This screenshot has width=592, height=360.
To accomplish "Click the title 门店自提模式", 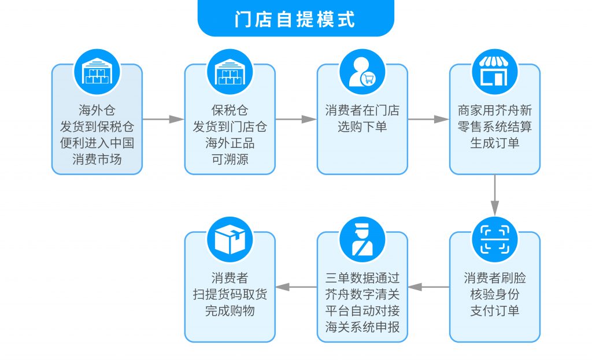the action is (295, 19).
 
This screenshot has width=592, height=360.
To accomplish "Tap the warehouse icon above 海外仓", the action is (97, 72).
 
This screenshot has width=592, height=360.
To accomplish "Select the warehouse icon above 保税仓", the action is (230, 72).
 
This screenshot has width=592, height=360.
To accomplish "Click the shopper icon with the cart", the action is (362, 72).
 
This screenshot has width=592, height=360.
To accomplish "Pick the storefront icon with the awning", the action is (495, 72).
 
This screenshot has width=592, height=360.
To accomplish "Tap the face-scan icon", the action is (495, 240).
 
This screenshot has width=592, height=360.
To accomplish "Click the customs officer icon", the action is (362, 240).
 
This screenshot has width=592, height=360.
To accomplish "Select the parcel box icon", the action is (230, 240).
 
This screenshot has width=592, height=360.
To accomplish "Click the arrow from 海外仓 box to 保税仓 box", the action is (164, 119).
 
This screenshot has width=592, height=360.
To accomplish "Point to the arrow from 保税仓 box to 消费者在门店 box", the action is (296, 119).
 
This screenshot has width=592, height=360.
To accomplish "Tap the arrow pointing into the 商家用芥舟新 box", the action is (428, 119).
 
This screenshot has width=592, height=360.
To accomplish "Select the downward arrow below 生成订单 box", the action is (495, 195).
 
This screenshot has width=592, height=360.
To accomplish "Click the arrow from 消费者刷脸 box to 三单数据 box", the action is (428, 287).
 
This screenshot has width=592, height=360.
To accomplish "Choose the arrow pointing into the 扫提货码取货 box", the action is (296, 287).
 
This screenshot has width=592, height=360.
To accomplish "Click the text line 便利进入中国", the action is (97, 143).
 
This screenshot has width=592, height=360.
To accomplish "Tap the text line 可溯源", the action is (230, 159).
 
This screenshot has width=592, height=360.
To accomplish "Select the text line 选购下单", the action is (362, 127).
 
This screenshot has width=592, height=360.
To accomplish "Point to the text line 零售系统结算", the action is (495, 127).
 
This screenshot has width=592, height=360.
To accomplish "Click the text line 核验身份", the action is (495, 294).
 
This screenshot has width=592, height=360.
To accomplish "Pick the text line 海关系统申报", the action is (362, 327).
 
